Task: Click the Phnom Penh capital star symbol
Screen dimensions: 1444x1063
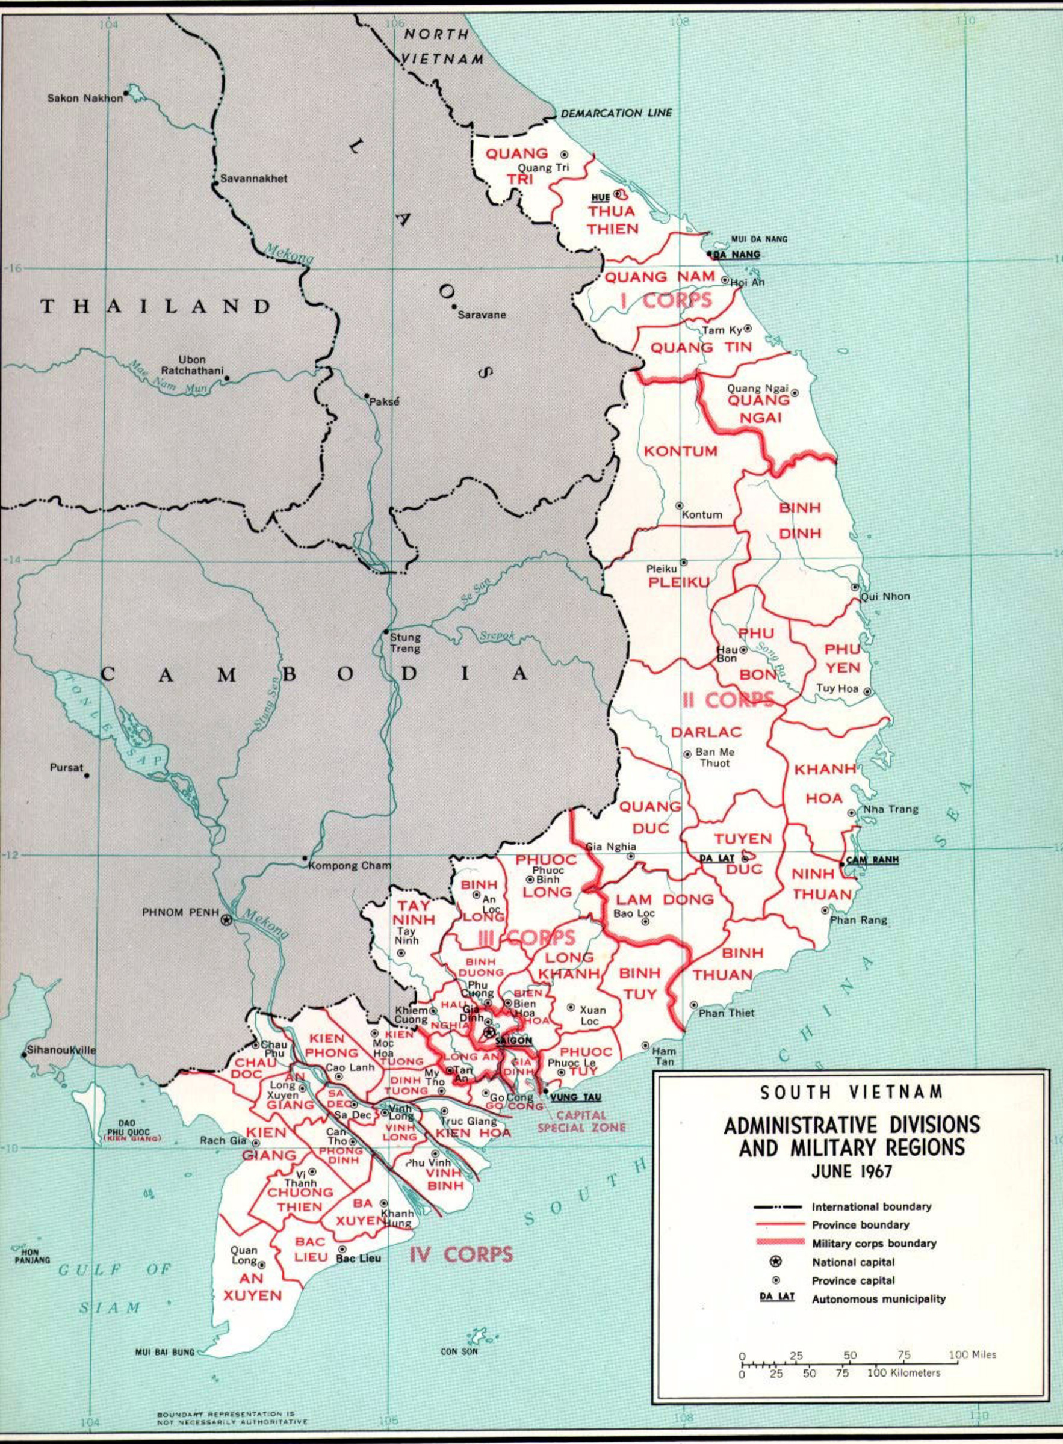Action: (225, 921)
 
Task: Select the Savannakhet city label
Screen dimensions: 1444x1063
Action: (253, 179)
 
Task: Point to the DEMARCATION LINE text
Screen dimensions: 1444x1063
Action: (616, 113)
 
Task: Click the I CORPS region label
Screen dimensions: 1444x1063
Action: (666, 300)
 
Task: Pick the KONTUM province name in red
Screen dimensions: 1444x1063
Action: (680, 451)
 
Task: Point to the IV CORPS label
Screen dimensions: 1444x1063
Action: (461, 1254)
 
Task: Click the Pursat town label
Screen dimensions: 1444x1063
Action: (66, 767)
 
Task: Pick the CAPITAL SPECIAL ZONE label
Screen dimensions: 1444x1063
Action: (581, 1121)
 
